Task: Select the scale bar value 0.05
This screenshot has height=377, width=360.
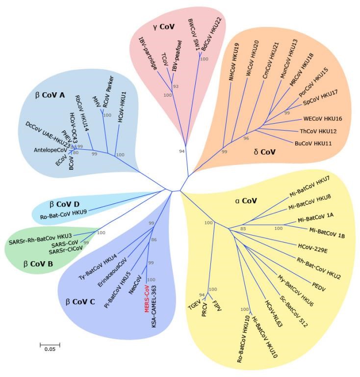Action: coord(50,349)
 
